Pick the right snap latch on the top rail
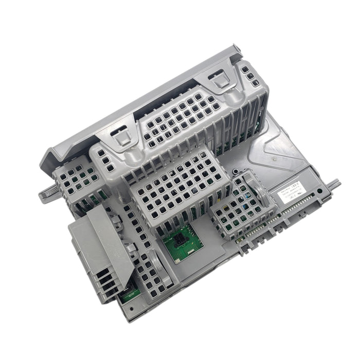coord(220,78)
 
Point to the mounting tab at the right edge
coord(333,185)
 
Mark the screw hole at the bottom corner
coord(126,311)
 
